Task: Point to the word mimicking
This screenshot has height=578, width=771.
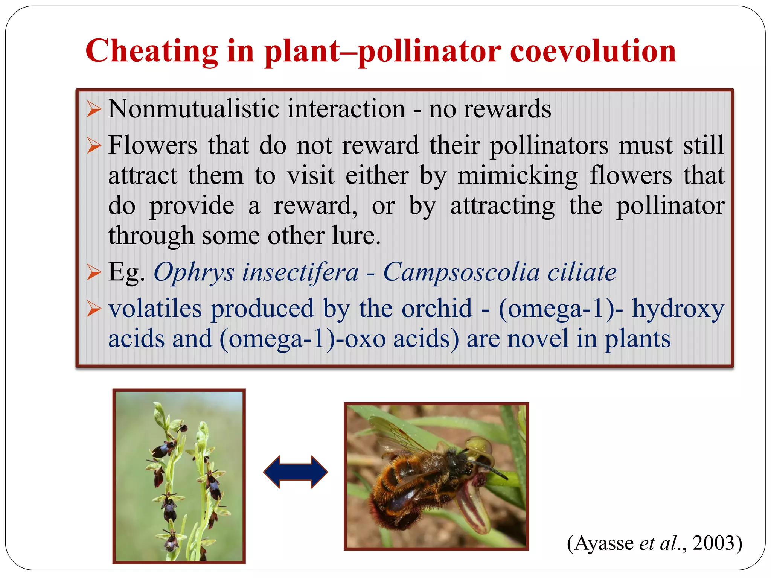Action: pyautogui.click(x=518, y=176)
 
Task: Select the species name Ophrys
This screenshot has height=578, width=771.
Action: pyautogui.click(x=194, y=272)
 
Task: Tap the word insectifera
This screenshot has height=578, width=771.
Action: pyautogui.click(x=300, y=272)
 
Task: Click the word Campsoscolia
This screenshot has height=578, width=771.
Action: pyautogui.click(x=461, y=272)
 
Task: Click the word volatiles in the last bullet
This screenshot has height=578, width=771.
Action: pyautogui.click(x=155, y=309)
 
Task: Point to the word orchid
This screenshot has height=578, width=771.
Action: pyautogui.click(x=437, y=309)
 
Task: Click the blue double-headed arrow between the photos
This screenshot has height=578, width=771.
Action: pyautogui.click(x=296, y=472)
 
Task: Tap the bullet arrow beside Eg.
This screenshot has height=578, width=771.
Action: pyautogui.click(x=94, y=272)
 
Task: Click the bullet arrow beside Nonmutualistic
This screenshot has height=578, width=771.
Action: pyautogui.click(x=94, y=110)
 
